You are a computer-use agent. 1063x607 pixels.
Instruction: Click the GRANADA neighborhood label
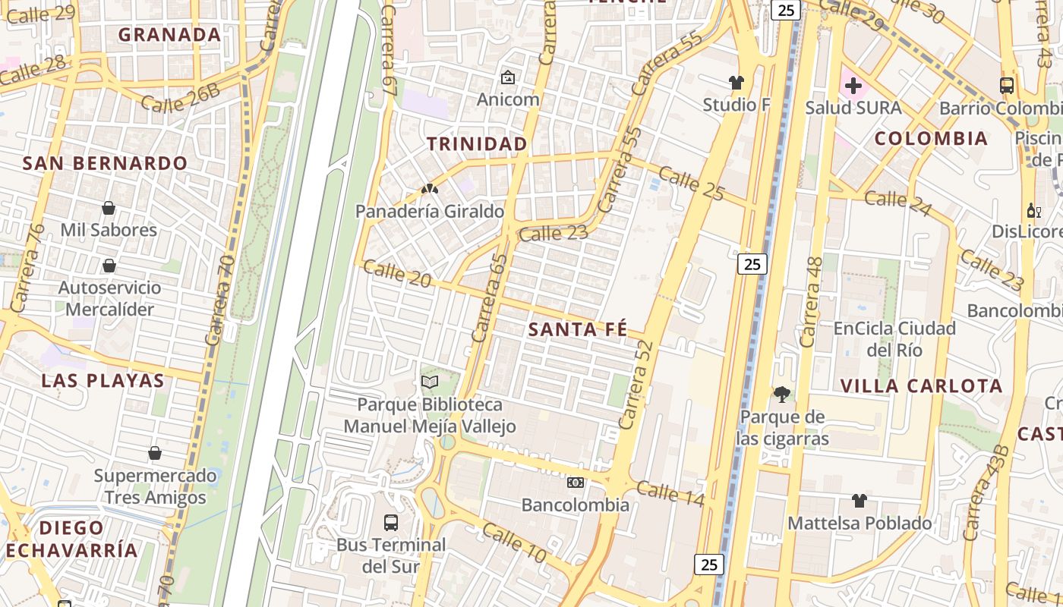pyautogui.click(x=169, y=34)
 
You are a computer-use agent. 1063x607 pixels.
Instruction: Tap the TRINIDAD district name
pyautogui.click(x=477, y=143)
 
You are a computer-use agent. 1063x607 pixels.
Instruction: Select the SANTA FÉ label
pyautogui.click(x=578, y=329)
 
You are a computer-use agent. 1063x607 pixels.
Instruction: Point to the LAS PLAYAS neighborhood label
pyautogui.click(x=103, y=380)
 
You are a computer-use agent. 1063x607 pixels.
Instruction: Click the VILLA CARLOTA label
pyautogui.click(x=921, y=385)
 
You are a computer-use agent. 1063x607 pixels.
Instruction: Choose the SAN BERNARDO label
pyautogui.click(x=105, y=163)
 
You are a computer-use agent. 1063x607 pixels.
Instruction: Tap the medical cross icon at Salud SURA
pyautogui.click(x=853, y=86)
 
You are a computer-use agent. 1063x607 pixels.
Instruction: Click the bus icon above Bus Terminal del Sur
pyautogui.click(x=391, y=522)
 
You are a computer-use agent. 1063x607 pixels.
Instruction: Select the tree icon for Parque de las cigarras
pyautogui.click(x=781, y=394)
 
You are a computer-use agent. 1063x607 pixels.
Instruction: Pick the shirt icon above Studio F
pyautogui.click(x=736, y=82)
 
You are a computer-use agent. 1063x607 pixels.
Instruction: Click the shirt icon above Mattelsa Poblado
pyautogui.click(x=859, y=500)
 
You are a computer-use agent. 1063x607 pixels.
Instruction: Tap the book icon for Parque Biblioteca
pyautogui.click(x=430, y=382)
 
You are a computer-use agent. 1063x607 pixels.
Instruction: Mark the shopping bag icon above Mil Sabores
pyautogui.click(x=109, y=207)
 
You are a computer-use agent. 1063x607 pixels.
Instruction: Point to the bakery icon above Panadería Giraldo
pyautogui.click(x=430, y=188)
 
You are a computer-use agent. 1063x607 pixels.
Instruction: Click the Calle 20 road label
pyautogui.click(x=396, y=273)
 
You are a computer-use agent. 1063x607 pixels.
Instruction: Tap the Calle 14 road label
pyautogui.click(x=670, y=493)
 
